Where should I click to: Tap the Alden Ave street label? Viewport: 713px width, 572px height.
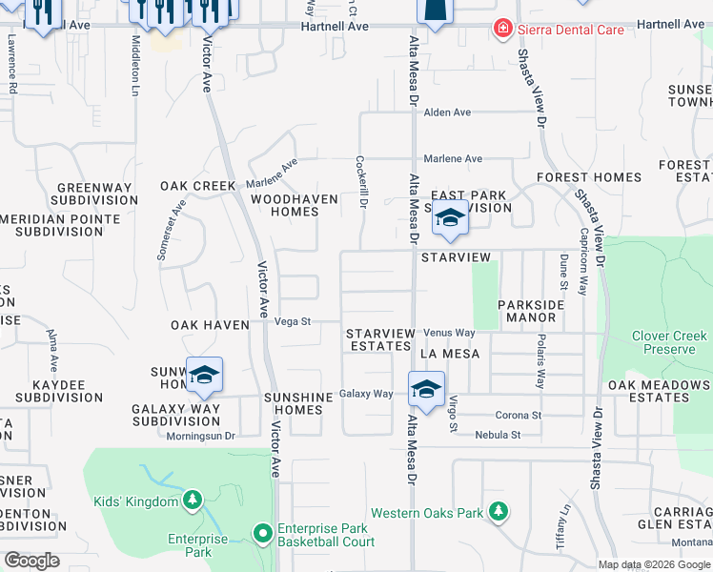pos(447,112)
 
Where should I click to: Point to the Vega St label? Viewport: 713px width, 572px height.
pos(293,322)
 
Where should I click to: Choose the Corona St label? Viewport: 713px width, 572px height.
pos(518,416)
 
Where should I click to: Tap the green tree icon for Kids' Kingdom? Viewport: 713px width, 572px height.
pos(192,500)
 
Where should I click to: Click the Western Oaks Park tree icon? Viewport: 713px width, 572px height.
pos(498,513)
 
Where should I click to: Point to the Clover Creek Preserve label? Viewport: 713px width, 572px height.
pos(669,342)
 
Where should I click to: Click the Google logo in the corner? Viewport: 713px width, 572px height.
pos(31,561)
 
